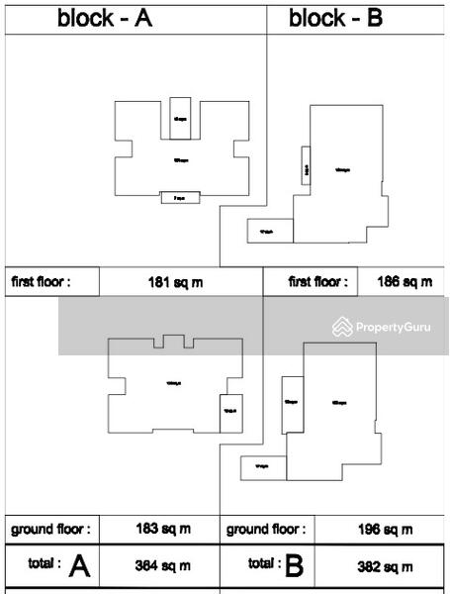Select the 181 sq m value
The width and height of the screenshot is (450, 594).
pos(175,282)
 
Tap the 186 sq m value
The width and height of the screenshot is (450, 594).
pos(405,282)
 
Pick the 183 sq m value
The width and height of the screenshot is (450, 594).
pos(162,530)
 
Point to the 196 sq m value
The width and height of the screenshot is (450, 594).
pos(386,531)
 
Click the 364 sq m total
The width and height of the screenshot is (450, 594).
pos(162,566)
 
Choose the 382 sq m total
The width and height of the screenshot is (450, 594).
pos(386,566)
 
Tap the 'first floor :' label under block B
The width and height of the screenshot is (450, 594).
pos(317,282)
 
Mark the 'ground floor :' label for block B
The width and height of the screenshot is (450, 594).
pos(266,530)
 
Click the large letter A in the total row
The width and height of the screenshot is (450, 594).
pos(80,566)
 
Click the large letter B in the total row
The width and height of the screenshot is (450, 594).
pos(294,566)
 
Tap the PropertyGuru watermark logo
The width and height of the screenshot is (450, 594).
pos(387,326)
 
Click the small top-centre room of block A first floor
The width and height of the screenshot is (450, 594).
pos(180,118)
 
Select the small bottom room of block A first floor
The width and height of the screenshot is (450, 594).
pos(180,198)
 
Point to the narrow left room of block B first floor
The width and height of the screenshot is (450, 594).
pos(308,167)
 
